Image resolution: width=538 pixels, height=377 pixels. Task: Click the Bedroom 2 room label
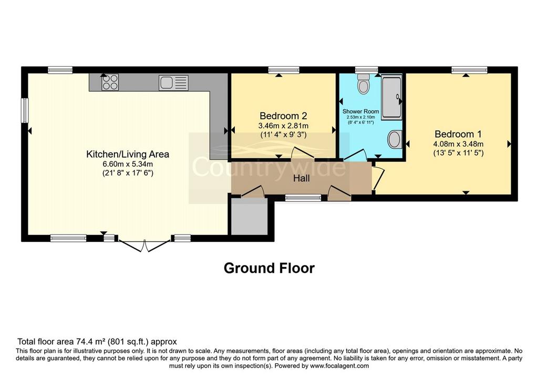pyautogui.click(x=283, y=116)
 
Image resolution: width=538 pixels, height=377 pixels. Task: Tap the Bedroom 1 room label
pyautogui.click(x=458, y=134)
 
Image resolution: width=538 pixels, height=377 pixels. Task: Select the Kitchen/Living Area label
pyautogui.click(x=128, y=154)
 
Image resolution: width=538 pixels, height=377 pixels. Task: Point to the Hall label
pyautogui.click(x=301, y=178)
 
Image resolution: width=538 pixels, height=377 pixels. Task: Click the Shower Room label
pyautogui.click(x=360, y=111)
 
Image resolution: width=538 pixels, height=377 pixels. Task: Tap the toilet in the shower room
pyautogui.click(x=363, y=83)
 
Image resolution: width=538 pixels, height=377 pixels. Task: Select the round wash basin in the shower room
pyautogui.click(x=395, y=139)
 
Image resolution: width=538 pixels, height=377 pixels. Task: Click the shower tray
pyautogui.click(x=392, y=97)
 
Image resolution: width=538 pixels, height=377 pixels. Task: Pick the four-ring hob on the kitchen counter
pyautogui.click(x=110, y=83)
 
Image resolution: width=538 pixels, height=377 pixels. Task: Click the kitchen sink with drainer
pyautogui.click(x=173, y=83)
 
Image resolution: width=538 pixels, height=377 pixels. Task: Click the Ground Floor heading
pyautogui.click(x=269, y=268)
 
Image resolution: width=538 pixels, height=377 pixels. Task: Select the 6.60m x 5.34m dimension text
pyautogui.click(x=128, y=164)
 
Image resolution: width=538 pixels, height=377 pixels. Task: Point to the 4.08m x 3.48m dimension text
pyautogui.click(x=458, y=144)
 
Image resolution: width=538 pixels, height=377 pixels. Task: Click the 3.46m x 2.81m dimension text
pyautogui.click(x=283, y=126)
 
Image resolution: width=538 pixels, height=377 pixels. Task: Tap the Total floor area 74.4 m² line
pyautogui.click(x=97, y=342)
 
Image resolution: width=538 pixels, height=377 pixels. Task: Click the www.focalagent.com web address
pyautogui.click(x=339, y=365)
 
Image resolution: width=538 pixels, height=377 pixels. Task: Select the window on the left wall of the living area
pyautogui.click(x=25, y=110)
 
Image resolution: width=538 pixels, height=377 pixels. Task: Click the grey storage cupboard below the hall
pyautogui.click(x=249, y=216)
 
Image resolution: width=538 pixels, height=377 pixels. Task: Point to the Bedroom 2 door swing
pyautogui.click(x=302, y=153)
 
